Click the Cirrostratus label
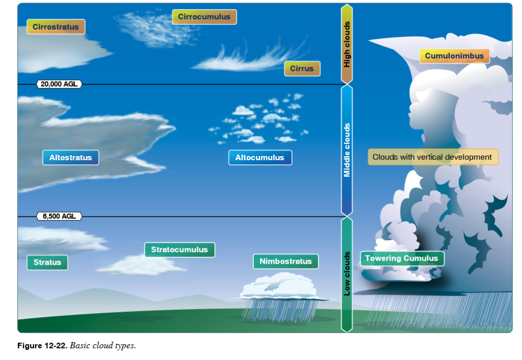click(x=56, y=27)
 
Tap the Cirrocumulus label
click(x=204, y=17)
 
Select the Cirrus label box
click(x=302, y=68)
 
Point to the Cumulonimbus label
click(x=454, y=56)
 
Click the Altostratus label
click(x=70, y=158)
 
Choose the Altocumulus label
click(x=259, y=158)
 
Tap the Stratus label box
click(x=47, y=263)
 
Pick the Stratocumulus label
click(x=179, y=250)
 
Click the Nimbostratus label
click(x=285, y=262)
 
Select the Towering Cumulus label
click(x=402, y=259)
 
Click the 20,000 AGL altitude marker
click(x=60, y=84)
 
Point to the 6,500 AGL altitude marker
click(x=59, y=216)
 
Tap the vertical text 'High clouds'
click(x=347, y=44)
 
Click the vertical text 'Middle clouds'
click(x=347, y=150)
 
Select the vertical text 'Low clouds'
click(x=347, y=273)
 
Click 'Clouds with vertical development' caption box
click(x=432, y=157)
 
